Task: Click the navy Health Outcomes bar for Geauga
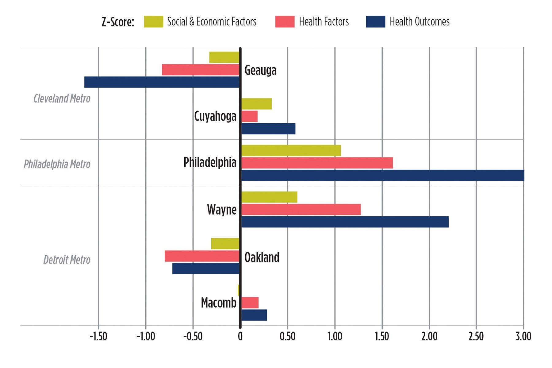coord(162,82)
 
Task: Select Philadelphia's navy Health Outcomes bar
coord(382,175)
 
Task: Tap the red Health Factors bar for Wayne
coord(301,209)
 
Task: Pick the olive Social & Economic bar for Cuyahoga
coord(256,104)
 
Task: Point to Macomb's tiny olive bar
coord(238,290)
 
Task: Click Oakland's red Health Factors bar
coord(202,256)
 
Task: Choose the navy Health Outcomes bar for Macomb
coord(254,315)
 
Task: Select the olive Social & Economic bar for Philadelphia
coord(291,150)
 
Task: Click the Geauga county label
coord(260,70)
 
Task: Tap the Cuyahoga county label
coord(215,116)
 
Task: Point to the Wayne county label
coord(222,210)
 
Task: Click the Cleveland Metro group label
coord(62,99)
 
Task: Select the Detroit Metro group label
coord(67,260)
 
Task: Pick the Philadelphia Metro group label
coord(57,164)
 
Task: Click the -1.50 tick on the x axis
coord(98,336)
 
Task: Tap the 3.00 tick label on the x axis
coord(523,336)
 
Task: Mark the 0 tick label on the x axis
coord(240,336)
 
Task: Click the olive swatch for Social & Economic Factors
coord(153,22)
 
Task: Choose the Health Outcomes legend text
coord(420,22)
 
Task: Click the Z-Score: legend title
coord(118,22)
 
